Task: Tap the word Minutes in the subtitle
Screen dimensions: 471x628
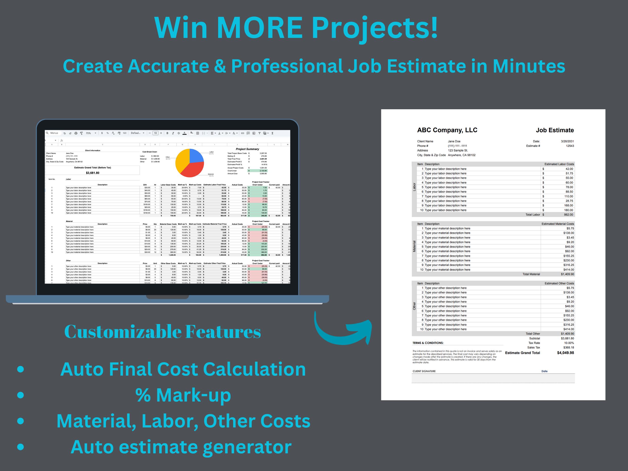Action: (x=529, y=66)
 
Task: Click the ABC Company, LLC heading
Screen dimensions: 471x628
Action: (x=447, y=130)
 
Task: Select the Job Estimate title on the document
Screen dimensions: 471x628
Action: (x=555, y=130)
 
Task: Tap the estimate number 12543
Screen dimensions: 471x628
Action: (x=570, y=146)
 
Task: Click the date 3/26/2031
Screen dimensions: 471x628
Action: (x=567, y=141)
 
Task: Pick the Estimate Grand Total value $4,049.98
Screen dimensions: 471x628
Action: (x=565, y=353)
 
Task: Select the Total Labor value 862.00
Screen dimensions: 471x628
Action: (x=568, y=215)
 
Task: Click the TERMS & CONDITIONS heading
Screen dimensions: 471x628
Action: (x=428, y=343)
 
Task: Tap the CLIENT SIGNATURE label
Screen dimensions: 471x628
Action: (x=424, y=371)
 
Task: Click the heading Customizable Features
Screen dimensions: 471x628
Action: (x=162, y=331)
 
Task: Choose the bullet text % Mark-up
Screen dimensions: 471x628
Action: (x=183, y=395)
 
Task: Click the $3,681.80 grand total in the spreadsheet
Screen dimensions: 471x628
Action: (x=93, y=173)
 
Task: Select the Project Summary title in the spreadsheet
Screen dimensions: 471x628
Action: (x=247, y=149)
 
